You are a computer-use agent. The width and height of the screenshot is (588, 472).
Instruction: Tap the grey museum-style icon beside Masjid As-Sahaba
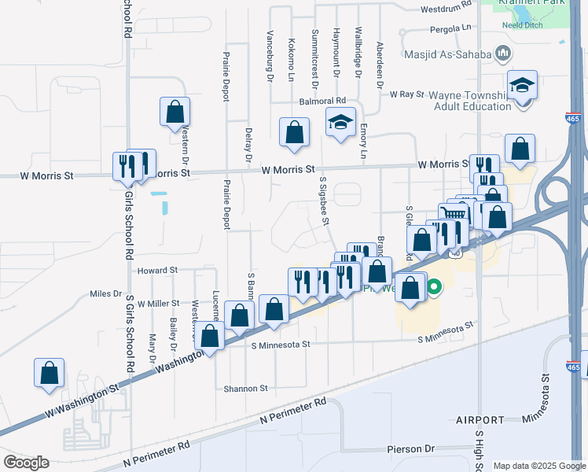504,54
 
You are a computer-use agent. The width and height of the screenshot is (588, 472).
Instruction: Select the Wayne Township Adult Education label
469,101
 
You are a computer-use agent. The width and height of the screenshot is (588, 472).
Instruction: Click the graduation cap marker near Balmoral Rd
340,124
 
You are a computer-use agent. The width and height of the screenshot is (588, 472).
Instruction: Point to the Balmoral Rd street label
322,101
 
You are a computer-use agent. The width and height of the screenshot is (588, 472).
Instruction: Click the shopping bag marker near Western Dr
175,112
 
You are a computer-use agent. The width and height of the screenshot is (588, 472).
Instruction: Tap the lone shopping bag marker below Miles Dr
49,374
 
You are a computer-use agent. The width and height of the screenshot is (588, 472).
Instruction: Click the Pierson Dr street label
410,449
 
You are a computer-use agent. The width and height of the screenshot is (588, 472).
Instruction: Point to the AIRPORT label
480,421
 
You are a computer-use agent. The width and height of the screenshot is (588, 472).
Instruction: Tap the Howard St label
158,271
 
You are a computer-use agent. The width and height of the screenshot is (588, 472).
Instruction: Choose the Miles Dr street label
105,293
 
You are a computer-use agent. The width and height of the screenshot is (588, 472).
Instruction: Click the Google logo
26,463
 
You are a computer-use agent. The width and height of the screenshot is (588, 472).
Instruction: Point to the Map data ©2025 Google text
538,466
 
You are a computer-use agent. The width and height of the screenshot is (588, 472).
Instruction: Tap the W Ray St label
406,94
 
